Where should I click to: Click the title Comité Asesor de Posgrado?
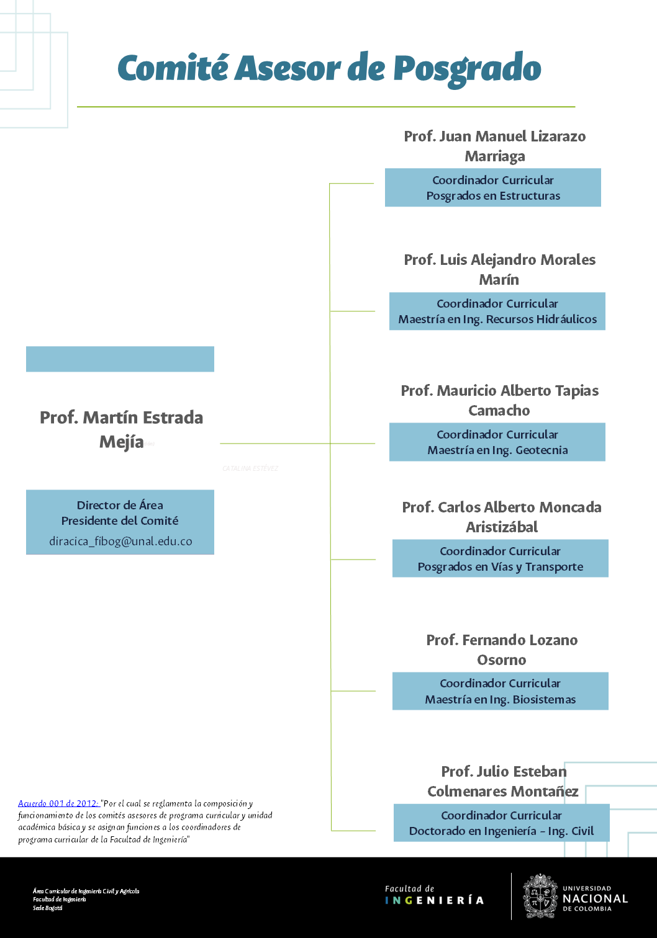click(x=329, y=68)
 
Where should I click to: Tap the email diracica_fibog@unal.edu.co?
click(x=120, y=541)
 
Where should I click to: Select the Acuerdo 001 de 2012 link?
click(x=58, y=803)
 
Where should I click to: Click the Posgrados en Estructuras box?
click(x=493, y=188)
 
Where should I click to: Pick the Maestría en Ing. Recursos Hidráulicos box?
click(x=497, y=311)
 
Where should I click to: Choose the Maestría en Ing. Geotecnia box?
click(x=497, y=442)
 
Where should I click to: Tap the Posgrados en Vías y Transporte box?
click(x=501, y=559)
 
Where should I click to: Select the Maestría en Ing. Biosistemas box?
click(x=501, y=691)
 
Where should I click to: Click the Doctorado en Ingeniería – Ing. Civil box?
click(x=501, y=823)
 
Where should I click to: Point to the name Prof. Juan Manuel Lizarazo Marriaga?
click(x=495, y=146)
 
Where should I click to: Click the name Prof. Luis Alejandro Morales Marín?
click(x=499, y=269)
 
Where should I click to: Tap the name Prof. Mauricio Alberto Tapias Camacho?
click(x=499, y=400)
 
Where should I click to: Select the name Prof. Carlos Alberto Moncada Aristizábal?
click(x=502, y=517)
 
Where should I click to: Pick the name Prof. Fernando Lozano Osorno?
click(x=502, y=650)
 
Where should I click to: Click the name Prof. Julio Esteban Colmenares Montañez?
click(x=503, y=781)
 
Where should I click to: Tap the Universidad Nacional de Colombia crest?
click(x=540, y=896)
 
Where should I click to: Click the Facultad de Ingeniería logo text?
click(x=434, y=895)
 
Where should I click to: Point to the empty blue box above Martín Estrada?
click(x=120, y=359)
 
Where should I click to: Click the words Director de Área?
click(x=120, y=505)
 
